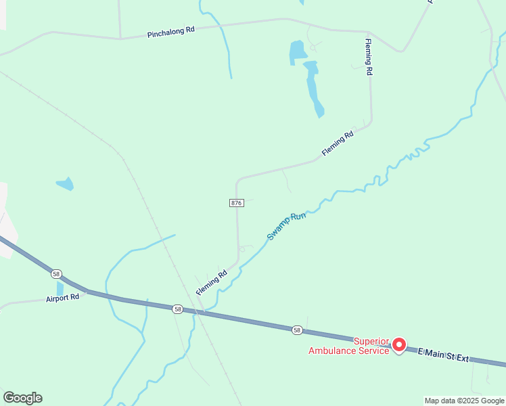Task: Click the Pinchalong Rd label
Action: tap(171, 32)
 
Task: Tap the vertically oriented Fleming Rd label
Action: tap(369, 57)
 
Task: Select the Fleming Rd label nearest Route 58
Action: tap(212, 283)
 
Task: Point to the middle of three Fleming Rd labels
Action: tap(338, 144)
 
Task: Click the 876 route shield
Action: tap(236, 203)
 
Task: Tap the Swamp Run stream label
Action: tap(287, 226)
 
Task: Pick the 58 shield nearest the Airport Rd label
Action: tap(56, 274)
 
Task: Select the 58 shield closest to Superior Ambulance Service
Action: tap(297, 330)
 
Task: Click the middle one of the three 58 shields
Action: tap(177, 309)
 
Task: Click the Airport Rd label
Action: tap(63, 298)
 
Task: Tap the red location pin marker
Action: tap(399, 344)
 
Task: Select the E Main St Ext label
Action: tap(443, 354)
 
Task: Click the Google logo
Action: tap(22, 397)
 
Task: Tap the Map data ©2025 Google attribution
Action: tap(464, 401)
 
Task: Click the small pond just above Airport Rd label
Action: tap(60, 288)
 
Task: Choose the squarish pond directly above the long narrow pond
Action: tap(298, 51)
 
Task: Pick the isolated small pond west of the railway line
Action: tap(65, 183)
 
